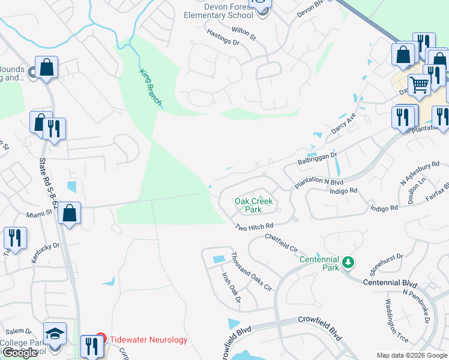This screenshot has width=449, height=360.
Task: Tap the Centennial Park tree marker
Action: (348, 262)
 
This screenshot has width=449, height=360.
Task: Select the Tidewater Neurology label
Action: (149, 340)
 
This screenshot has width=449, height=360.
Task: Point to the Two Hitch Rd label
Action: (254, 227)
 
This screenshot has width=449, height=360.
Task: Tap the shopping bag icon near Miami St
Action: (70, 214)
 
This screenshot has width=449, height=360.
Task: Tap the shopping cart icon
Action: (420, 84)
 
